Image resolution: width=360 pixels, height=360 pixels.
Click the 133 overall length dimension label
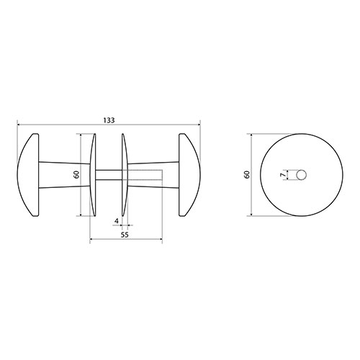[x=109, y=120]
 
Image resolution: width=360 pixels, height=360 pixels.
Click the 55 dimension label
[x=125, y=235]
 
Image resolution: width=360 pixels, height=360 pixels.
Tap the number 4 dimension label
[x=117, y=221]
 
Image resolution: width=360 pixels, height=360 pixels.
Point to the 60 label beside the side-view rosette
[x=76, y=174]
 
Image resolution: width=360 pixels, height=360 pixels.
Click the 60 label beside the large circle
[x=247, y=174]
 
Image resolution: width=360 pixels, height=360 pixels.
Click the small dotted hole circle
[x=302, y=175]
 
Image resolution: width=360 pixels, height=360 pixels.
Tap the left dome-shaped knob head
[x=28, y=175]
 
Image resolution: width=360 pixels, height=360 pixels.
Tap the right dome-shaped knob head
[x=189, y=175]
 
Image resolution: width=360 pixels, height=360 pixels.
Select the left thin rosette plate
[x=93, y=175]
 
